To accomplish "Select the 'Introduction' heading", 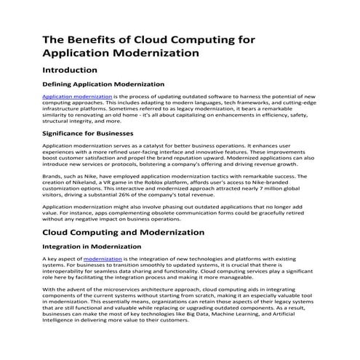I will [69, 71].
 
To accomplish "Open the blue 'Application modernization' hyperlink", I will [77, 96].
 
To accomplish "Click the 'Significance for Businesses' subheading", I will [88, 133].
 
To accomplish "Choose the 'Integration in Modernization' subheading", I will [93, 247].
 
